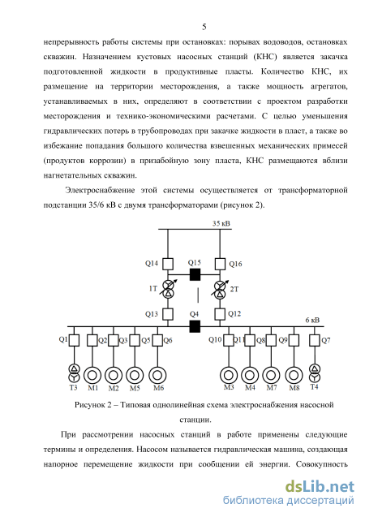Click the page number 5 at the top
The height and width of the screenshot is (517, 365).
point(204,27)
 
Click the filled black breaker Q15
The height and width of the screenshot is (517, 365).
point(195,274)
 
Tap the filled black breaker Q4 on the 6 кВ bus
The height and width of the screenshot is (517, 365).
point(195,326)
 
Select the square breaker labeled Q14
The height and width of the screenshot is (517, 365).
point(168,264)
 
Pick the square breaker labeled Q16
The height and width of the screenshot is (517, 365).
point(220,264)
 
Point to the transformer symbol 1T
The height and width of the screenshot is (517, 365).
point(169,289)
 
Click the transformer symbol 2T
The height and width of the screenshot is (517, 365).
point(220,289)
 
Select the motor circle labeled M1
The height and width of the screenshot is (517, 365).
point(92,375)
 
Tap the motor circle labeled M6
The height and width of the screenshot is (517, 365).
point(157,375)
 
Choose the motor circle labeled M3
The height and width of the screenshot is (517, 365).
point(229,375)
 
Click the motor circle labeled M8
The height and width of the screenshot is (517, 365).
point(294,375)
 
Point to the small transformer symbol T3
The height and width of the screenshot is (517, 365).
point(74,373)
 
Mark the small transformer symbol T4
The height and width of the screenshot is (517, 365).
point(315,373)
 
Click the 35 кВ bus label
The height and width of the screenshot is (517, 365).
point(221,223)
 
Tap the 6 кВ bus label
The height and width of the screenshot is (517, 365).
point(312,320)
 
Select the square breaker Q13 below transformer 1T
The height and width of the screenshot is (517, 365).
point(168,314)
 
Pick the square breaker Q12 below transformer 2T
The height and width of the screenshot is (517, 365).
point(220,314)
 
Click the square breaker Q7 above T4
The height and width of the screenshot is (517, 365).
point(315,340)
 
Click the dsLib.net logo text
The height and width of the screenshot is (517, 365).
point(320,487)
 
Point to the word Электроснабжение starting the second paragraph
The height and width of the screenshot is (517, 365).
point(100,190)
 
